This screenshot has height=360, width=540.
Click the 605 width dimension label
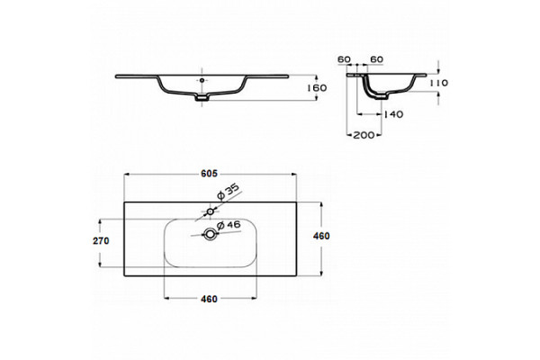pyautogui.click(x=209, y=174)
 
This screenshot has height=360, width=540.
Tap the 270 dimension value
pyautogui.click(x=101, y=240)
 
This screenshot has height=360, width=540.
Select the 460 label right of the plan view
pyautogui.click(x=321, y=236)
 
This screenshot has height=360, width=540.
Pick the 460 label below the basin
pyautogui.click(x=209, y=299)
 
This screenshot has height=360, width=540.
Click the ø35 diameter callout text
pyautogui.click(x=228, y=192)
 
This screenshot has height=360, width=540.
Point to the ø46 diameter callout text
pyautogui.click(x=229, y=225)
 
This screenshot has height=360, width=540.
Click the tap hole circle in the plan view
pyautogui.click(x=210, y=211)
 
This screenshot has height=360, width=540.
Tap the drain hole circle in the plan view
pyautogui.click(x=210, y=235)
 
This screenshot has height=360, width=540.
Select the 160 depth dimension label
pyautogui.click(x=317, y=88)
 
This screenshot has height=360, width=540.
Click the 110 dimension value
pyautogui.click(x=439, y=83)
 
